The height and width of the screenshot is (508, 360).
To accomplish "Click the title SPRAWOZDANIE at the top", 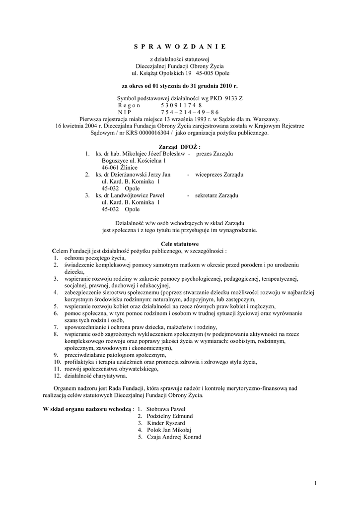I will (180, 46).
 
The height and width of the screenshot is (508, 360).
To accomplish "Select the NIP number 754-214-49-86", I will (189, 113).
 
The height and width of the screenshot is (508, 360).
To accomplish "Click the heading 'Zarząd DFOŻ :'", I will (179, 147).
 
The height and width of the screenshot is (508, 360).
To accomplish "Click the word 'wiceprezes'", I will (209, 175).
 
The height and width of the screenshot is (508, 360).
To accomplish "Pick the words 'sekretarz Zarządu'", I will (217, 195).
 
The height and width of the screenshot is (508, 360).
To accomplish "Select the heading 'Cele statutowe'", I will (180, 244).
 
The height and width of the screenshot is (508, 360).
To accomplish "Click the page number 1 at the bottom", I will (315, 483).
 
